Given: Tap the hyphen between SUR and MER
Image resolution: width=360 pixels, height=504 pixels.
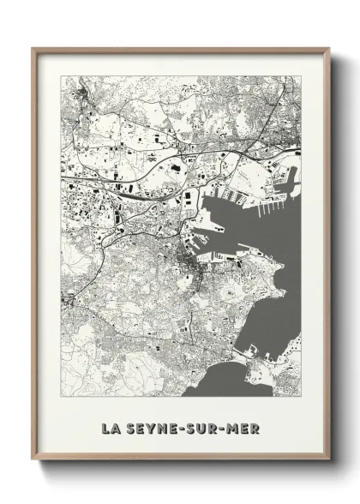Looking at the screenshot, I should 224,426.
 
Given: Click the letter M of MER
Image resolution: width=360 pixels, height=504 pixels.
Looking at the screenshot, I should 234,426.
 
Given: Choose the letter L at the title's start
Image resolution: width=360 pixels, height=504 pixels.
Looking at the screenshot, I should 104,426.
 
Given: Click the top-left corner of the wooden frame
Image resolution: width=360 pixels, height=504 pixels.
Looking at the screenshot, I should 33,49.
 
